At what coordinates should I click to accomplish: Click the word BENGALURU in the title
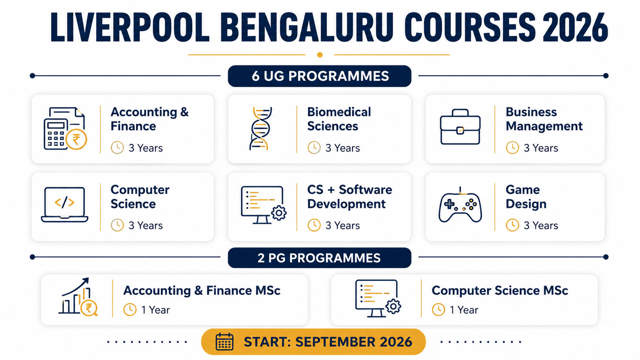click(x=307, y=28)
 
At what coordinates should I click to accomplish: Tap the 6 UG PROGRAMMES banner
click(x=320, y=76)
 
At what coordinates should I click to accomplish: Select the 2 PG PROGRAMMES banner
click(x=320, y=258)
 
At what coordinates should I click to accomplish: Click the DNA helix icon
click(x=260, y=129)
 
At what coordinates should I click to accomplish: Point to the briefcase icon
click(x=460, y=127)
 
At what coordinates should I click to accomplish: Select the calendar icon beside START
click(x=225, y=341)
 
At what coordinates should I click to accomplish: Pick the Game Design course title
click(x=526, y=197)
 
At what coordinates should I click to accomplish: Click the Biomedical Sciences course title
click(x=339, y=119)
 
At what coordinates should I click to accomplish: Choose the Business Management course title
click(x=544, y=119)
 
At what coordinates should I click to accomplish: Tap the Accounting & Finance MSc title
click(x=202, y=290)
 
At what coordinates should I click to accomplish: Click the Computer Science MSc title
click(x=500, y=290)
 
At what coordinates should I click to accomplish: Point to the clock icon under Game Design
click(x=512, y=225)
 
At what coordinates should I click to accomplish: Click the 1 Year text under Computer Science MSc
click(x=464, y=310)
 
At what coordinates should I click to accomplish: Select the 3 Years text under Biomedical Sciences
click(x=343, y=148)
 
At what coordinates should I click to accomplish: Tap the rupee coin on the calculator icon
click(x=76, y=140)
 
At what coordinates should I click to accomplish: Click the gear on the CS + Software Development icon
click(x=279, y=213)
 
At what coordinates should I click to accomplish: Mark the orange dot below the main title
click(x=320, y=55)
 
